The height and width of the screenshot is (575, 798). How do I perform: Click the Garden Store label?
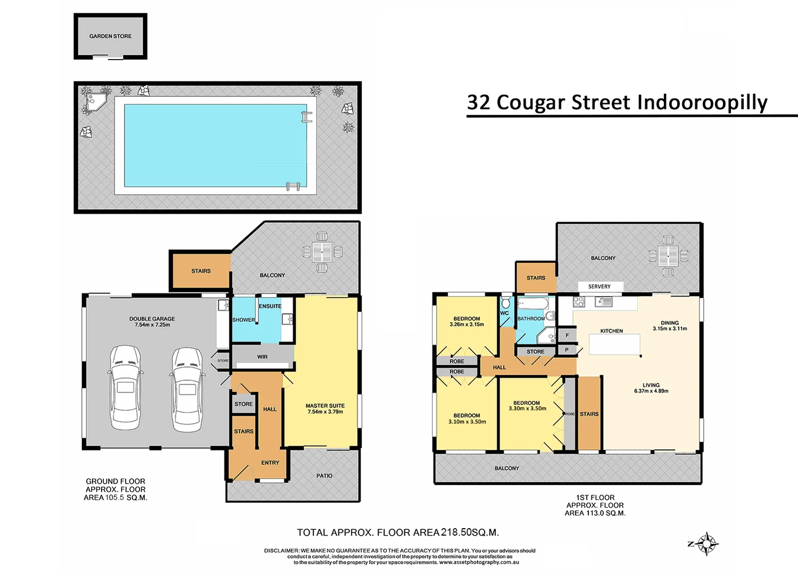point(110,36)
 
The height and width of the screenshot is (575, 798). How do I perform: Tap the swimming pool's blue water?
point(216,145)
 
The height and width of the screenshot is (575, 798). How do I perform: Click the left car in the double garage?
point(126,387)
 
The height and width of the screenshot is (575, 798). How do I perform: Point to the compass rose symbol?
point(706,544)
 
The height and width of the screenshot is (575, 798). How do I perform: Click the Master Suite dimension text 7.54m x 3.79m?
point(325,412)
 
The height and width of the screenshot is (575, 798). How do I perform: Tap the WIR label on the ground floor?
point(262,357)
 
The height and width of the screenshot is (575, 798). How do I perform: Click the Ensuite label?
point(270,306)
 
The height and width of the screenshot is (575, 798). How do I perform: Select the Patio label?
point(324,475)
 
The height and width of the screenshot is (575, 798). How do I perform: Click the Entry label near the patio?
point(270,463)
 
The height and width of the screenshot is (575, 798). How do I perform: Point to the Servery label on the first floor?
point(599,286)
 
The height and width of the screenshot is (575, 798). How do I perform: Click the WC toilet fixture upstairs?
point(506,303)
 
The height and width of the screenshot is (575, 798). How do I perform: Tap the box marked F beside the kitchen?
point(567,335)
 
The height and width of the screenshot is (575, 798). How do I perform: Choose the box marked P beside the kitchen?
point(567,350)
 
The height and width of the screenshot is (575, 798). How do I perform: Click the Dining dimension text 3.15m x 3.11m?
point(670,328)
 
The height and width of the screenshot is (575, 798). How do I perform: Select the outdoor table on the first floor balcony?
point(668,256)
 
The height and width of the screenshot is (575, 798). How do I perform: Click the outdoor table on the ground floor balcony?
point(322,252)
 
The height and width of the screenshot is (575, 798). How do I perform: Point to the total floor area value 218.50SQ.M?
point(470,532)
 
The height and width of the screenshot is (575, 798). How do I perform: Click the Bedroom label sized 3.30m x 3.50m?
point(526,406)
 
